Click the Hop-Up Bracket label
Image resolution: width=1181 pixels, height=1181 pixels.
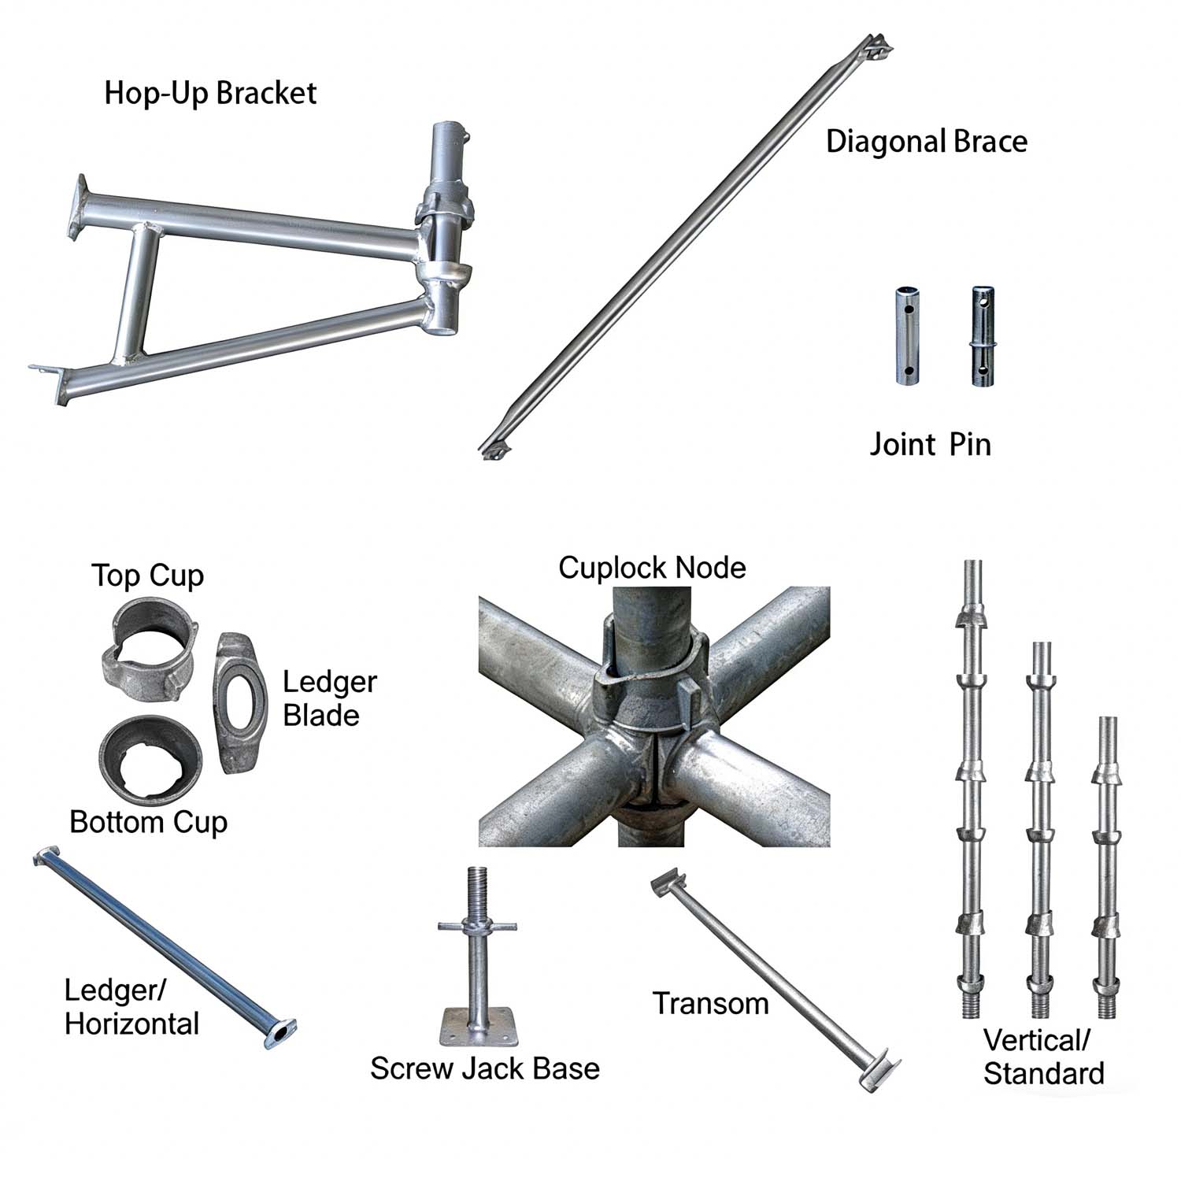pyautogui.click(x=210, y=93)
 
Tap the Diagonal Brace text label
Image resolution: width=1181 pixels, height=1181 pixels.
pyautogui.click(x=927, y=142)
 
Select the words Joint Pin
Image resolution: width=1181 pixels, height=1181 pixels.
pyautogui.click(x=930, y=444)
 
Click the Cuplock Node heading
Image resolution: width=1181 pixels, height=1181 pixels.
pyautogui.click(x=652, y=568)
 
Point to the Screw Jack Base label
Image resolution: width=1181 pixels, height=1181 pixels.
pyautogui.click(x=485, y=1068)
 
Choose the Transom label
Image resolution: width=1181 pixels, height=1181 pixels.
pyautogui.click(x=711, y=1004)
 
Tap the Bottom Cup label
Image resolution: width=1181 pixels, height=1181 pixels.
pyautogui.click(x=148, y=822)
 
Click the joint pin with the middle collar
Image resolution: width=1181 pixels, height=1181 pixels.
pyautogui.click(x=983, y=336)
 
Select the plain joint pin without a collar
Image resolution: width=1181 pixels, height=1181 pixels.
pyautogui.click(x=909, y=336)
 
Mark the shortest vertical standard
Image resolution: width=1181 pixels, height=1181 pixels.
pyautogui.click(x=1108, y=866)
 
